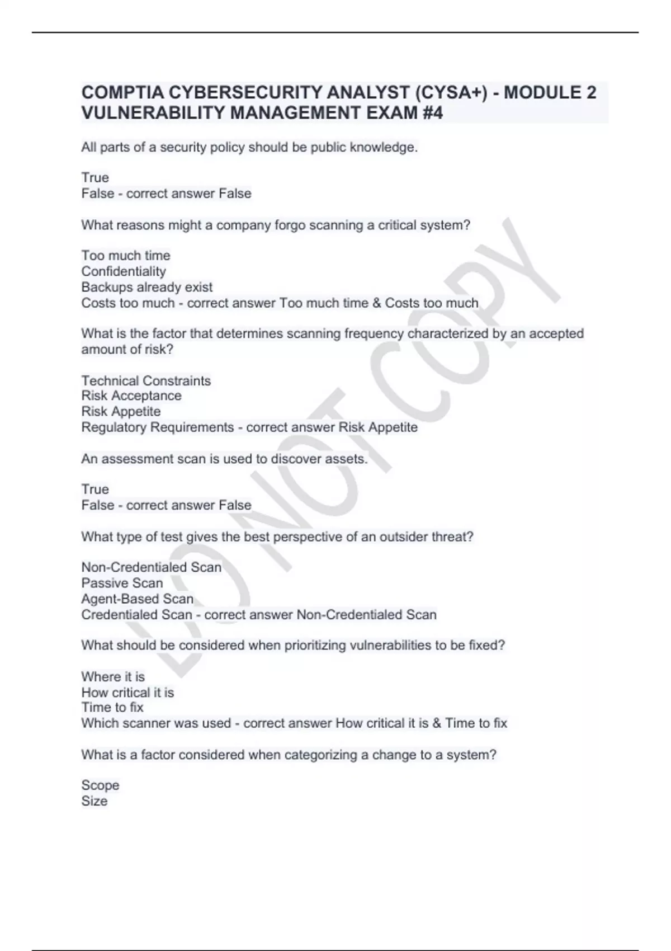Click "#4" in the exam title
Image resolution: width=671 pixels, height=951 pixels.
pos(431,113)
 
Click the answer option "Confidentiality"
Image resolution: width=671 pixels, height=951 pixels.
pos(124,271)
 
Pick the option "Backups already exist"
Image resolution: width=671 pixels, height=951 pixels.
pos(147,287)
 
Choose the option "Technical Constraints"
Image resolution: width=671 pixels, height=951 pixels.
pos(146,380)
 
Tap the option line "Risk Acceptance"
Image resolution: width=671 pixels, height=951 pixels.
pos(131,396)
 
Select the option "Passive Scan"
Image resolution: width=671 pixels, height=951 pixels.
pos(122,583)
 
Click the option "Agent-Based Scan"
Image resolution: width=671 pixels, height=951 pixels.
pos(138,599)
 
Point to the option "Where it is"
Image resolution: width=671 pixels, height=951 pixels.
pos(113,677)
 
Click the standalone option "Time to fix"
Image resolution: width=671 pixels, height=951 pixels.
pos(112,707)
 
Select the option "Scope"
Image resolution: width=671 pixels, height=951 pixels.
pos(100,785)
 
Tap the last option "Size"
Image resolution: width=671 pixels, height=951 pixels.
pos(94,801)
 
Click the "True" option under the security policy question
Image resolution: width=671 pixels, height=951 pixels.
pos(95,177)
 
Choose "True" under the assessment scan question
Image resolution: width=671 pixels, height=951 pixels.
pos(95,489)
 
